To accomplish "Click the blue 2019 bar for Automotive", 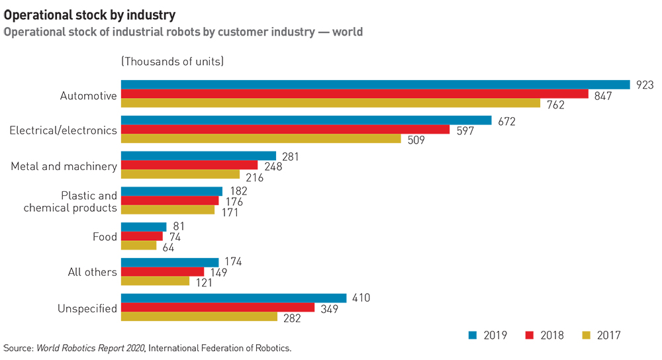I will click(x=375, y=85).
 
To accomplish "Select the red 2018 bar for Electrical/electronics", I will click(x=285, y=129).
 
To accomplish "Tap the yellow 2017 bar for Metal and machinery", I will click(x=180, y=174).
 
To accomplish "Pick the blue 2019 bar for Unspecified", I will click(x=234, y=298).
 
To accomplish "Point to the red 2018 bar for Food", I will click(x=142, y=236).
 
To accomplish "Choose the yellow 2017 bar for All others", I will click(x=155, y=281).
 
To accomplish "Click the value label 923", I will click(x=644, y=85).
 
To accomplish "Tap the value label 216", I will click(x=254, y=177).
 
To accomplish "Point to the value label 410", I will click(x=361, y=298).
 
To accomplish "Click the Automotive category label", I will click(x=88, y=96).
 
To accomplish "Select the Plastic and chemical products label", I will click(x=70, y=202).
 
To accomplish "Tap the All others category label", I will click(x=92, y=272).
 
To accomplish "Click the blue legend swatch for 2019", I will click(x=473, y=336).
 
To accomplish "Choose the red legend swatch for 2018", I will click(x=529, y=336).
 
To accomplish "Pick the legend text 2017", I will click(x=608, y=336).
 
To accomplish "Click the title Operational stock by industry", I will click(x=90, y=13).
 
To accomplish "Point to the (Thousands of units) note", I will click(x=172, y=62).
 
